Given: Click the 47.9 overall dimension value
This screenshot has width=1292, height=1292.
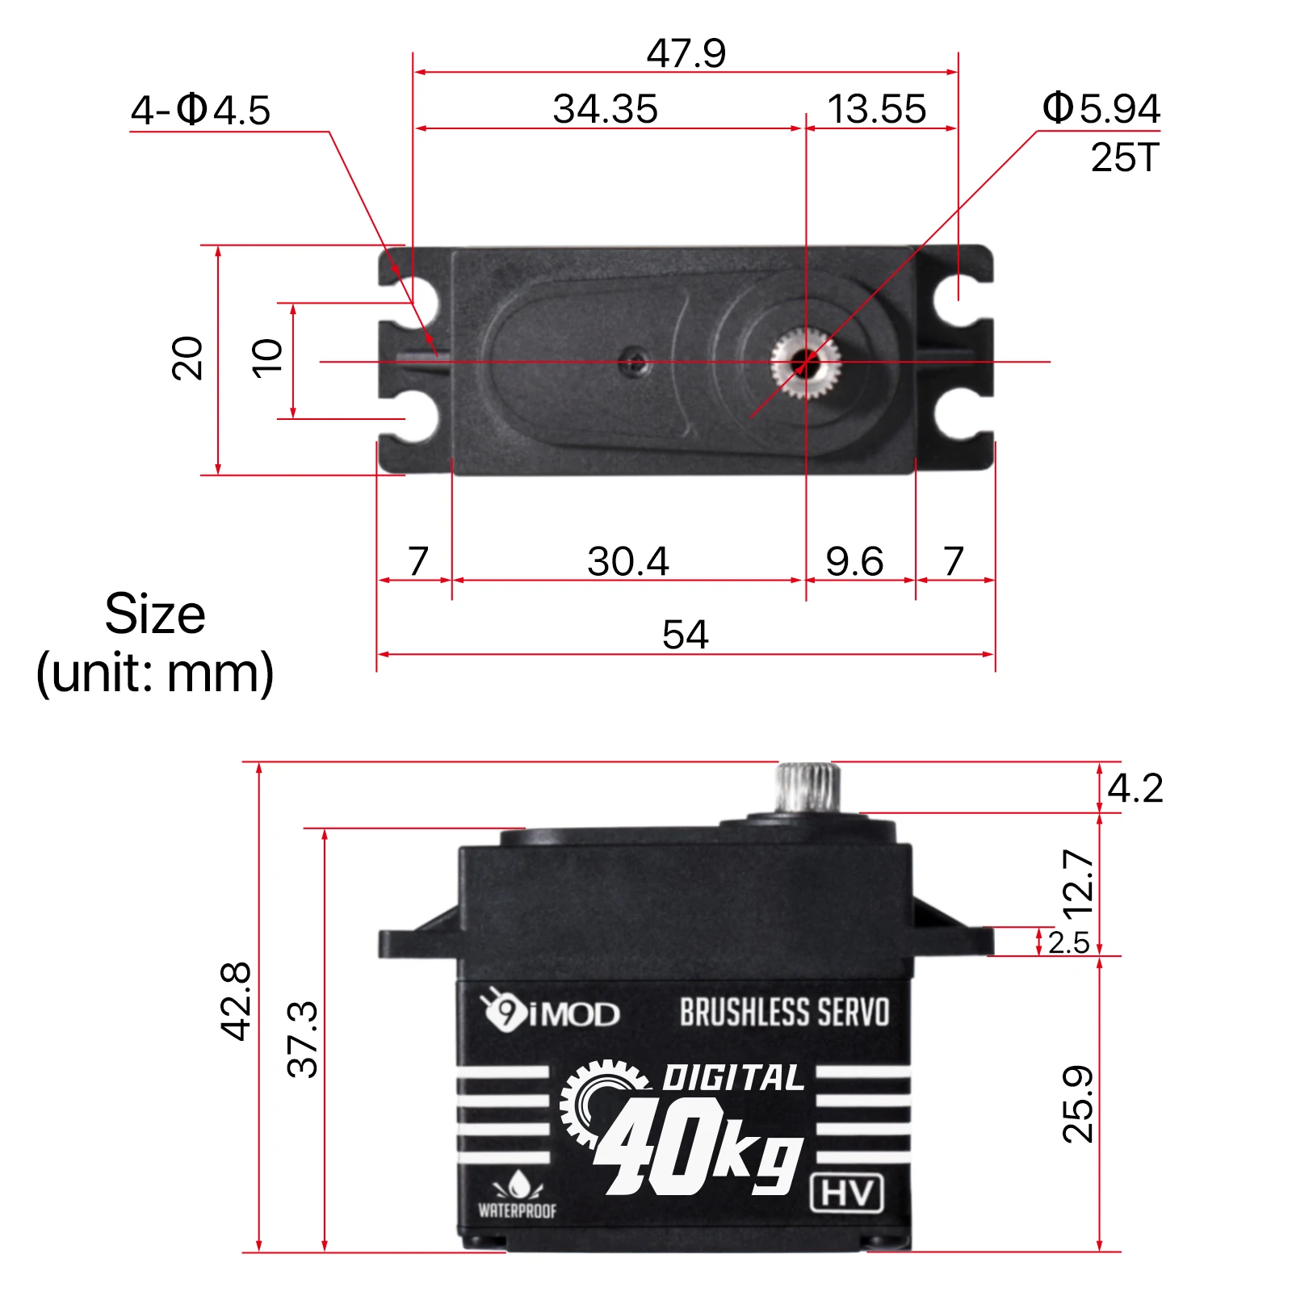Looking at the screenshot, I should (686, 54).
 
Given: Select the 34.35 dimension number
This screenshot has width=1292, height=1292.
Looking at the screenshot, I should (605, 109).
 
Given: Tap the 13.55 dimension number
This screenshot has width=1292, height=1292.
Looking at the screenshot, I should (877, 109).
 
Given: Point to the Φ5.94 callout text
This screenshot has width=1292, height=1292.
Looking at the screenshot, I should (1101, 108).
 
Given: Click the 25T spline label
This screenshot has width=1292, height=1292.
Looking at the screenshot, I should (1124, 157).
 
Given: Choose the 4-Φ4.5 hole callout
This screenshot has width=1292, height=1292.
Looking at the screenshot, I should (200, 110).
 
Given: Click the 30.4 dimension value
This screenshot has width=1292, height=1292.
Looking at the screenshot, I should (627, 561).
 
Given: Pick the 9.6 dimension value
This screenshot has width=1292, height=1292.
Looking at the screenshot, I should (854, 561).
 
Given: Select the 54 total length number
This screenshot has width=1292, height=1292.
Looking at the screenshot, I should (685, 634).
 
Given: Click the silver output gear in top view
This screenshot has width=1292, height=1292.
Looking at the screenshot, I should (805, 363).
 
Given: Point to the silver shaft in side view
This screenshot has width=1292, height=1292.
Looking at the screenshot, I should (808, 787).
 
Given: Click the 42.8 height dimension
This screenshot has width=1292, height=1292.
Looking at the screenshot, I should (236, 1000).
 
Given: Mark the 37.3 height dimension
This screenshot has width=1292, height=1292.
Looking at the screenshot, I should (303, 1039).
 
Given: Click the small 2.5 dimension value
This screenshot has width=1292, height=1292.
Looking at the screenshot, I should (1068, 942).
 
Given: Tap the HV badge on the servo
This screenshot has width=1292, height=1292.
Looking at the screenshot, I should (846, 1193).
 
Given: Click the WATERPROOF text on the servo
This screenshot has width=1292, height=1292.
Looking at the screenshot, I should (517, 1210).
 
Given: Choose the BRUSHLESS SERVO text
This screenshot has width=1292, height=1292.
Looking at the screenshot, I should (784, 1013).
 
